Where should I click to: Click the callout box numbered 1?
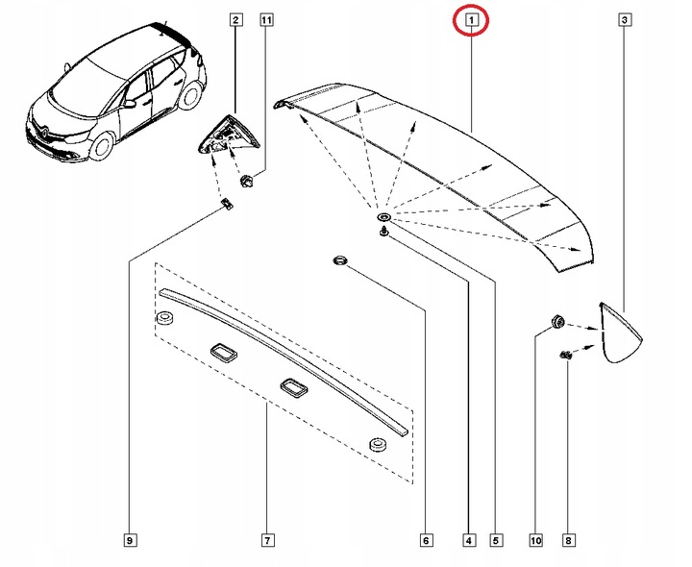(472, 19)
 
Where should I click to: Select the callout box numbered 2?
(235, 19)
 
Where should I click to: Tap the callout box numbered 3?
(625, 19)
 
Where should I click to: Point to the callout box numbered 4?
(468, 540)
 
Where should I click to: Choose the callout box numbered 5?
(497, 540)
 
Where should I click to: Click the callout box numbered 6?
(425, 540)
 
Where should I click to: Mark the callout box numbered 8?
(567, 540)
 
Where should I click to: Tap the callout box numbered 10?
(534, 540)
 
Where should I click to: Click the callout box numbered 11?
(266, 19)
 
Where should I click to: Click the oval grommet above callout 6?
(339, 260)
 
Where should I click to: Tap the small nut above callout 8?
(565, 357)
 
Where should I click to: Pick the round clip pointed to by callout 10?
(556, 321)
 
